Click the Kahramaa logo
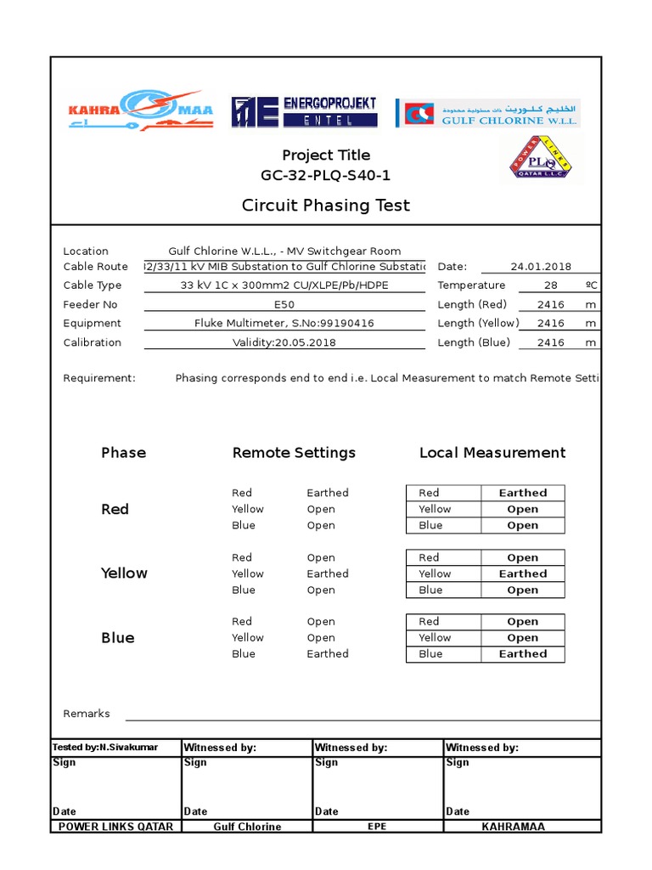tap(140, 110)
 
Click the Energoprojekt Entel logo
tap(304, 112)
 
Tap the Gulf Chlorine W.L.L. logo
tap(488, 113)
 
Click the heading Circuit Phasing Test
tap(326, 205)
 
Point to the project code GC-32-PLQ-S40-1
tap(326, 176)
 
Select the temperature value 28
tap(550, 285)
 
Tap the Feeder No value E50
tap(284, 304)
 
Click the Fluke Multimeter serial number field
tap(284, 324)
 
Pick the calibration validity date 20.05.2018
tap(284, 342)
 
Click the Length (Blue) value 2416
tap(550, 342)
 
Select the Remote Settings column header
tap(294, 453)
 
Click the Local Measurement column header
tap(492, 453)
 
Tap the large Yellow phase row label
tap(124, 573)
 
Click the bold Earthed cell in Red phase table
tap(523, 493)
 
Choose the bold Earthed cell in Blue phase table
tap(523, 654)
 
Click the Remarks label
tap(87, 714)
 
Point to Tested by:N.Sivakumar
tap(93, 748)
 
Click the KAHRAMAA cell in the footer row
tap(514, 826)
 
